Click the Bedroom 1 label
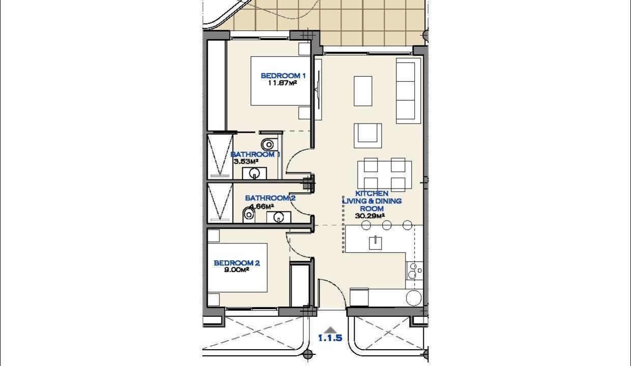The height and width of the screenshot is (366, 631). (x=283, y=76)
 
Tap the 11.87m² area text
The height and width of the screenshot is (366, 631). (x=282, y=83)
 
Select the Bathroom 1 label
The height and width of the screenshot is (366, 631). (x=255, y=155)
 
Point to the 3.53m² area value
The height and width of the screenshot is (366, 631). (x=246, y=162)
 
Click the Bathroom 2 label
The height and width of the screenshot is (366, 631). (x=270, y=198)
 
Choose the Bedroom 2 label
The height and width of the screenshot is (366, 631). (x=237, y=263)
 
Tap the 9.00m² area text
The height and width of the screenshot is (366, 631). (x=237, y=270)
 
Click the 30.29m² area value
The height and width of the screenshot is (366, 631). (x=370, y=216)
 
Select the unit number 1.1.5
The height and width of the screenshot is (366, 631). (x=330, y=338)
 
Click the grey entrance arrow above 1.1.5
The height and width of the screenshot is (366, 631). (x=330, y=330)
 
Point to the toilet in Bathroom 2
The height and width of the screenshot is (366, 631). (x=249, y=215)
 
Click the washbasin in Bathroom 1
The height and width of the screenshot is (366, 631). (x=254, y=173)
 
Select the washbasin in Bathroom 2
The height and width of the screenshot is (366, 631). (x=279, y=217)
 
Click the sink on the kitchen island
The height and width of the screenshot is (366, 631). (x=376, y=243)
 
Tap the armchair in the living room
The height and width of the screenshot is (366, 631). (x=367, y=136)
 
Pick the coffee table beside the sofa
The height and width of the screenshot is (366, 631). (x=363, y=91)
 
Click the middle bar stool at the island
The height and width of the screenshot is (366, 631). (x=387, y=225)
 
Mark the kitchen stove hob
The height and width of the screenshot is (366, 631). (x=414, y=270)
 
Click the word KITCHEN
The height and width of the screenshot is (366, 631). (x=372, y=194)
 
